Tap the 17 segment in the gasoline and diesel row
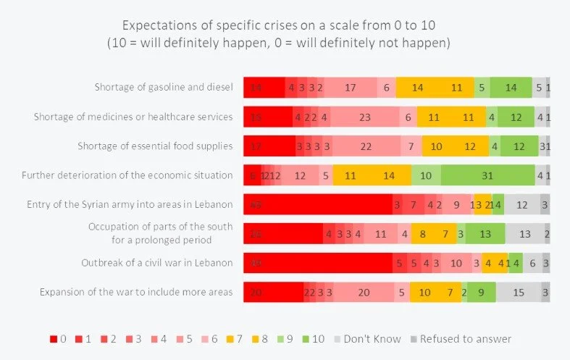coord(351,88)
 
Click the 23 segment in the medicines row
coord(364,117)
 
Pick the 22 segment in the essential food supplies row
coord(366,146)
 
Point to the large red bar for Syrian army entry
coord(317,204)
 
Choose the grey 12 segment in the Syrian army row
coord(521,204)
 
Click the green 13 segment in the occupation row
coord(485,234)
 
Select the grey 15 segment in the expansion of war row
coord(518,293)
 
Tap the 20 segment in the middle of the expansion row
coord(364,293)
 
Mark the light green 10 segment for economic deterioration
coord(426,175)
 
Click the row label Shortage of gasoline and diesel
coord(164,88)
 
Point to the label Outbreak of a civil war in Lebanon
coord(164,263)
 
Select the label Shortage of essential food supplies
coord(155,146)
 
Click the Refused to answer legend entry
coord(461,338)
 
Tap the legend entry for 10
coord(313,338)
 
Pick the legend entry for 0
coord(59,338)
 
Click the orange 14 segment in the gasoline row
coord(417,88)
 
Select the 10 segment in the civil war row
coord(456,263)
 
